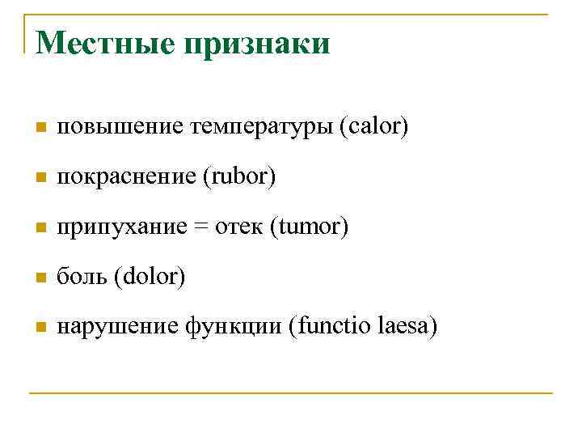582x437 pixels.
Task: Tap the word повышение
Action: click(120, 127)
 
